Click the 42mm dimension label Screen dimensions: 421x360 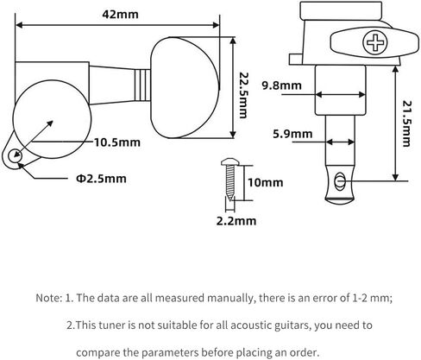[x=120, y=15]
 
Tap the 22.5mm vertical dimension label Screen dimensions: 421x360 [x=243, y=95]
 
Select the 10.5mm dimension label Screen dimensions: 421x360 [x=117, y=142]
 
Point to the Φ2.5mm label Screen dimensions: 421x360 [x=101, y=179]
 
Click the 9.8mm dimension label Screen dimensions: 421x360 [x=282, y=85]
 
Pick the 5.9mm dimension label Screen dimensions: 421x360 [x=292, y=134]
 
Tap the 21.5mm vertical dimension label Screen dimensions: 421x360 [x=406, y=123]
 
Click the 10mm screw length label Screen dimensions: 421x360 [x=266, y=182]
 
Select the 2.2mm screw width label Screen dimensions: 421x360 [x=236, y=221]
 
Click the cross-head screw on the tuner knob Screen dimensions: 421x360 [x=375, y=42]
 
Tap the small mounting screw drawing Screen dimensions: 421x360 [x=229, y=180]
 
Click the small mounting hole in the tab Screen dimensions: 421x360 [x=15, y=156]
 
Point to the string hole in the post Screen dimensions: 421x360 [x=340, y=181]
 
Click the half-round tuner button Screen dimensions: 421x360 [x=185, y=88]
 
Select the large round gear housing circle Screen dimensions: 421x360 [x=52, y=119]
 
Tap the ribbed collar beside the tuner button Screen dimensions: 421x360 [x=142, y=85]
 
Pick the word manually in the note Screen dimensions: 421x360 [x=231, y=298]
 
